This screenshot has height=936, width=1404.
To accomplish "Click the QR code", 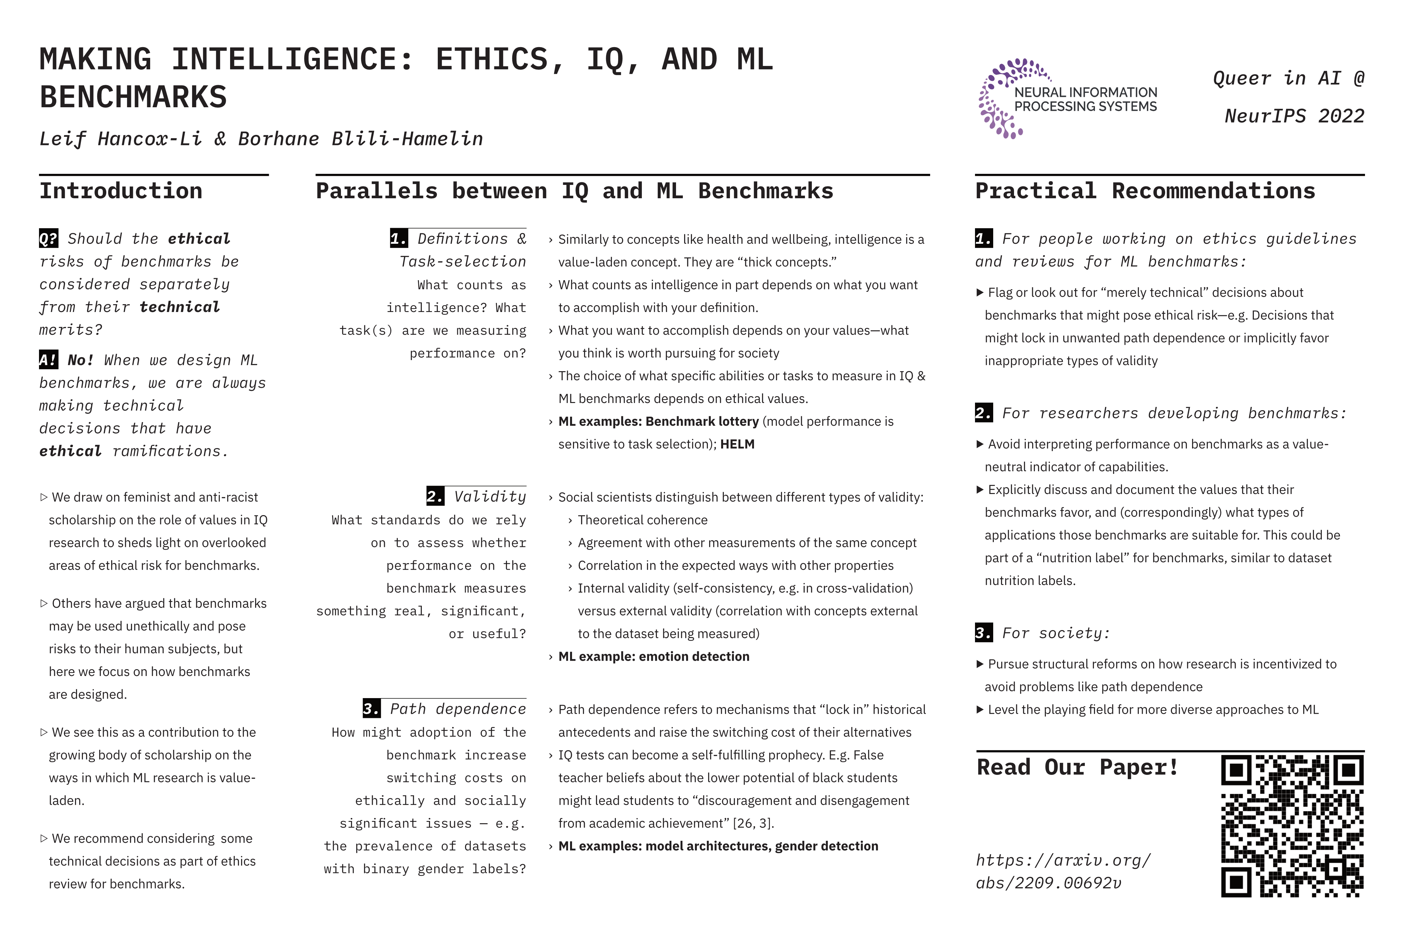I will click(x=1293, y=826).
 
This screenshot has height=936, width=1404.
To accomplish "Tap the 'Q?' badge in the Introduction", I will click(x=48, y=239).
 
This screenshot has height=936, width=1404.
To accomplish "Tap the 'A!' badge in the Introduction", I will click(x=48, y=360).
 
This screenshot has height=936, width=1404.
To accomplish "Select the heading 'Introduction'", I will click(x=121, y=191).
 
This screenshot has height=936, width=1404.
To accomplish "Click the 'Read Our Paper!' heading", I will click(x=1077, y=767).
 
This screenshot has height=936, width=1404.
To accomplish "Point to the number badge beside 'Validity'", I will click(x=435, y=496).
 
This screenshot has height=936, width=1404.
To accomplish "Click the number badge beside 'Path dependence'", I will click(x=371, y=708).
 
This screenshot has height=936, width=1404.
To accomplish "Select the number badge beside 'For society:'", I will click(x=984, y=633).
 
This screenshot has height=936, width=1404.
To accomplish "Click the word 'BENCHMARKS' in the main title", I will click(x=133, y=97).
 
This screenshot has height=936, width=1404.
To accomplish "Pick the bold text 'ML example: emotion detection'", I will click(x=654, y=656).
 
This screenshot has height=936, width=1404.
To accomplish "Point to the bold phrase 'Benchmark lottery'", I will click(x=702, y=422).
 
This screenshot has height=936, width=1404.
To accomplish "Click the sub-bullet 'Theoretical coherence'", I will click(x=642, y=520).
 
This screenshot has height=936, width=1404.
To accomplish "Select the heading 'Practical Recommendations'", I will click(x=1145, y=191).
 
